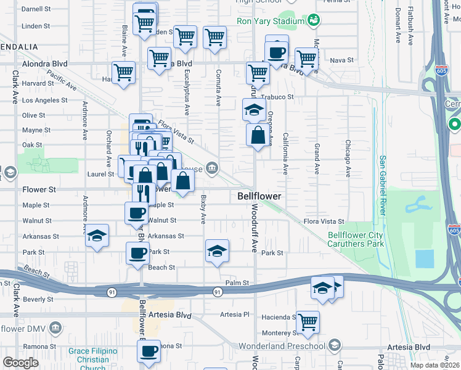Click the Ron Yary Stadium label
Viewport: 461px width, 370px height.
click(x=271, y=21)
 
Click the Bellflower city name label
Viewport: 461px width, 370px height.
click(x=259, y=196)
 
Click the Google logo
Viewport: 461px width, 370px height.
click(x=20, y=363)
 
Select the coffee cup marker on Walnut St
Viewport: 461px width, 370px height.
click(x=137, y=214)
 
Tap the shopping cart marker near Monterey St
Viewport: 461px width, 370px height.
click(x=308, y=322)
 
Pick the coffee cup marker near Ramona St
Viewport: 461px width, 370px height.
click(x=148, y=352)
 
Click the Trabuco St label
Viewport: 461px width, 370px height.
click(x=277, y=97)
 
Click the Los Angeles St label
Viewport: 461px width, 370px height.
click(x=45, y=100)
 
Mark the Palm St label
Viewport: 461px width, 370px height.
click(x=236, y=283)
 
